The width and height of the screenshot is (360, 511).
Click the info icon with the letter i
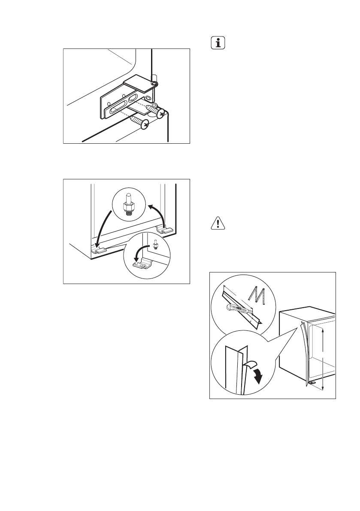pyautogui.click(x=219, y=44)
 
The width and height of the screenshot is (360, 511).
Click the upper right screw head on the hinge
pyautogui.click(x=160, y=114)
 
